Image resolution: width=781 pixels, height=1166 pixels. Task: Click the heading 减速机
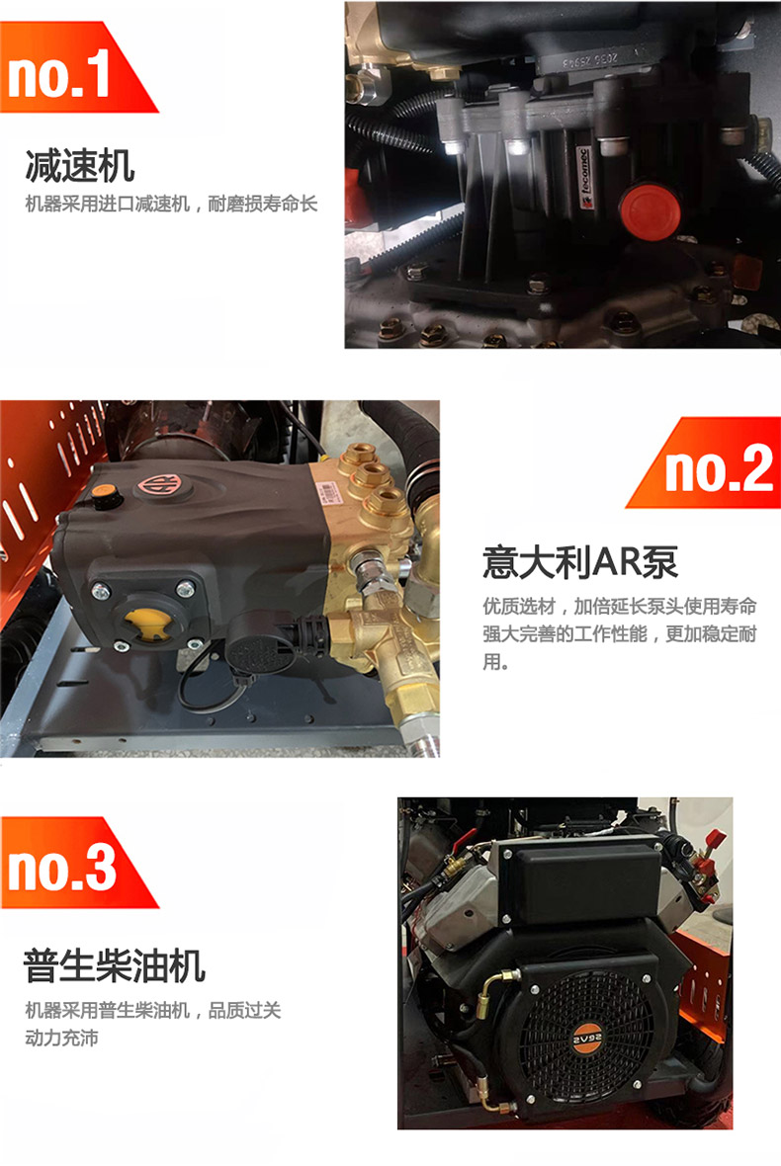pyautogui.click(x=80, y=165)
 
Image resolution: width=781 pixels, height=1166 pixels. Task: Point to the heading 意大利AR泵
pyautogui.click(x=580, y=562)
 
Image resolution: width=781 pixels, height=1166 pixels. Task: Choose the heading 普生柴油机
pyautogui.click(x=115, y=965)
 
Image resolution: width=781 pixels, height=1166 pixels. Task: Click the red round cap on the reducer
pyautogui.click(x=651, y=208)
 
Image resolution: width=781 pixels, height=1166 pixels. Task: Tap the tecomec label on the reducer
pyautogui.click(x=587, y=178)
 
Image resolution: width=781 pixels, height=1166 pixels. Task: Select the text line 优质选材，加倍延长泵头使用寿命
pyautogui.click(x=620, y=606)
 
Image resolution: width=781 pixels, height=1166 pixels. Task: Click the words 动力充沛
pyautogui.click(x=61, y=1038)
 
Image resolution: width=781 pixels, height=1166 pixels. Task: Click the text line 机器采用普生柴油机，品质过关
pyautogui.click(x=153, y=1010)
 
